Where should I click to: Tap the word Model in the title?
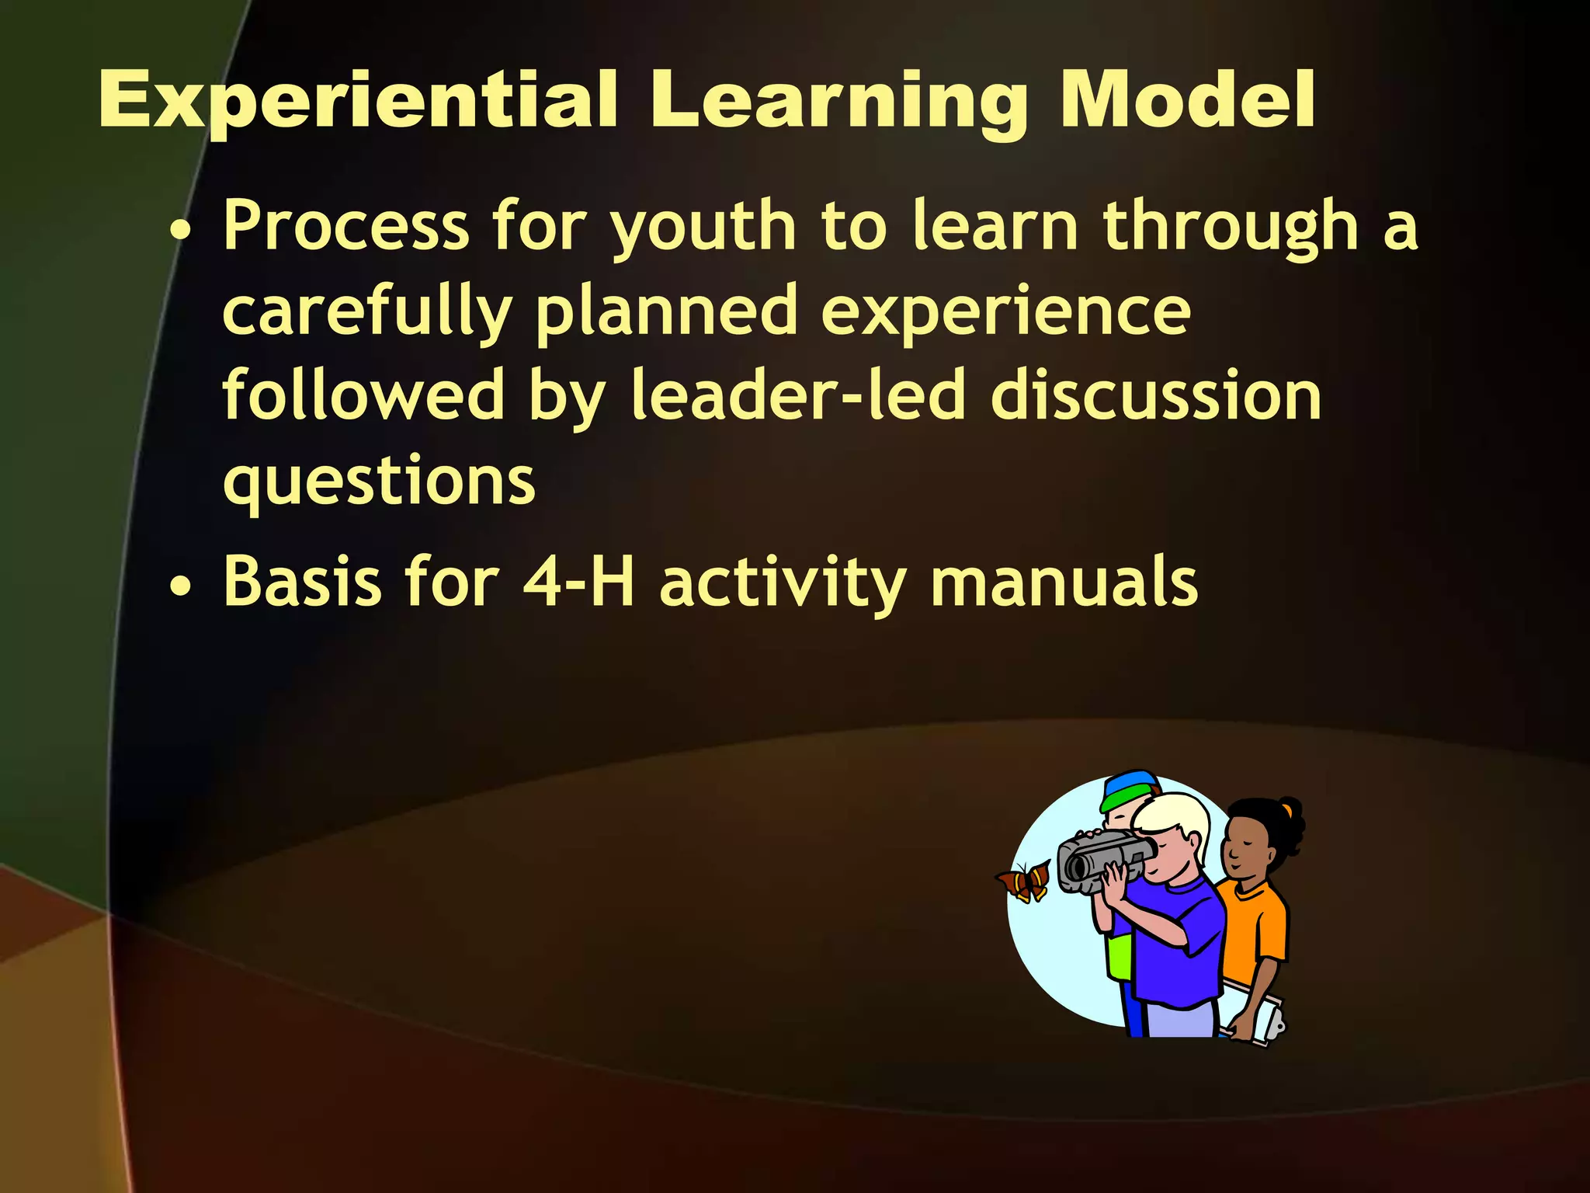click(x=1187, y=100)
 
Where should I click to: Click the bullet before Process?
click(x=181, y=231)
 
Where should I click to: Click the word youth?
click(x=703, y=228)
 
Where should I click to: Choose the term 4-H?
click(x=578, y=583)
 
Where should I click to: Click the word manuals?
click(x=1064, y=583)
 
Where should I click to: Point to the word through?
click(x=1231, y=228)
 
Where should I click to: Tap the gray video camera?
click(x=1102, y=859)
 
